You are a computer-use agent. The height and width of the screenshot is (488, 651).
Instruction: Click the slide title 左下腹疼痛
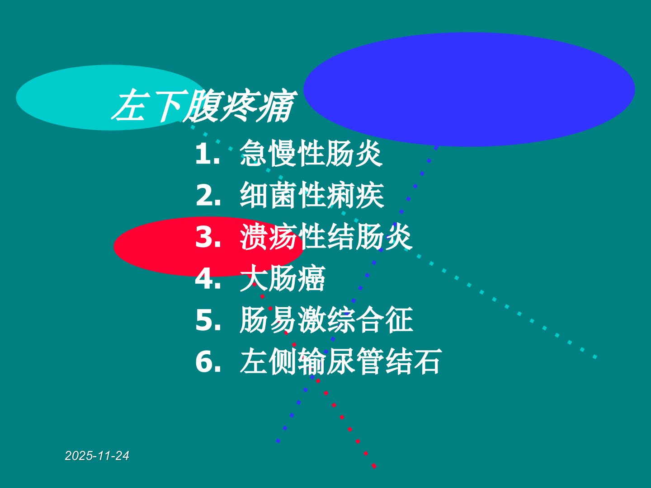pyautogui.click(x=204, y=105)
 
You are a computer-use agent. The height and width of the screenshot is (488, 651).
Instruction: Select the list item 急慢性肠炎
pyautogui.click(x=311, y=153)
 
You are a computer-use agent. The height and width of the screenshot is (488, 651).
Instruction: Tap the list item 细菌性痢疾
pyautogui.click(x=312, y=195)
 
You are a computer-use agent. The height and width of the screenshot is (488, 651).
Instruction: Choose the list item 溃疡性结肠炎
pyautogui.click(x=326, y=236)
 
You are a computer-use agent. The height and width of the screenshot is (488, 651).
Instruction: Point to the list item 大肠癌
pyautogui.click(x=283, y=278)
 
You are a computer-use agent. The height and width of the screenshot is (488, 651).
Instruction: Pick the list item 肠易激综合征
pyautogui.click(x=326, y=319)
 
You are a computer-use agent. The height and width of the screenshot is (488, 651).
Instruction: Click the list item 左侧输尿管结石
pyautogui.click(x=341, y=361)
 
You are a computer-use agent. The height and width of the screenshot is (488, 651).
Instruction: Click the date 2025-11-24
pyautogui.click(x=97, y=456)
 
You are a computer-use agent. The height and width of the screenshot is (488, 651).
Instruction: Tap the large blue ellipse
pyautogui.click(x=469, y=89)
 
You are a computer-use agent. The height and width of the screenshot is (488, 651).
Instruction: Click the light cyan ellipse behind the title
pyautogui.click(x=109, y=98)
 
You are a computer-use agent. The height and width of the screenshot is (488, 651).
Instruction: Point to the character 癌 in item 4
pyautogui.click(x=311, y=278)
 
